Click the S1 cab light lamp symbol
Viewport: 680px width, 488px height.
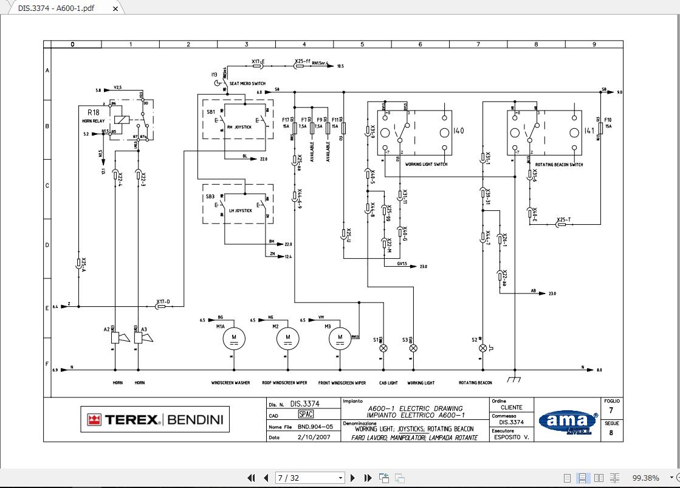(x=383, y=348)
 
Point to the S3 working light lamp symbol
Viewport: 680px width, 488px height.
(x=414, y=348)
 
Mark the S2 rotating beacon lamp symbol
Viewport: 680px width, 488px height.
(x=483, y=348)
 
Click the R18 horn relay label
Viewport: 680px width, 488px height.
(x=94, y=113)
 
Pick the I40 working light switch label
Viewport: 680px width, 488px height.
(x=459, y=131)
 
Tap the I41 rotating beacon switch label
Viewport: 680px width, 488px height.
(x=589, y=131)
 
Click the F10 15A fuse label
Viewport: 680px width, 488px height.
(x=608, y=123)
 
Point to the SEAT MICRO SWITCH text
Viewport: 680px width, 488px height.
(x=247, y=83)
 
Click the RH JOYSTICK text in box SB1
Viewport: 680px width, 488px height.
(x=239, y=127)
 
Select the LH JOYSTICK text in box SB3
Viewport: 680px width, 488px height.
(x=240, y=210)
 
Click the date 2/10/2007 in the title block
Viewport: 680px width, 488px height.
(x=314, y=437)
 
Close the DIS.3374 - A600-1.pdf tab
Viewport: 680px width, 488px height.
(x=115, y=9)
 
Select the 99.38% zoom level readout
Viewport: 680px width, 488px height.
(x=645, y=478)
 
